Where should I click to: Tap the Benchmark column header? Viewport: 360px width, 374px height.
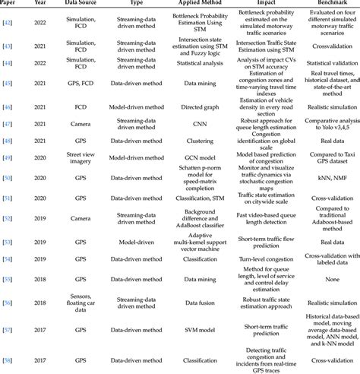pyautogui.click(x=317, y=4)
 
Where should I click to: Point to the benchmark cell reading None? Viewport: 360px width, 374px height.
pyautogui.click(x=317, y=280)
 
